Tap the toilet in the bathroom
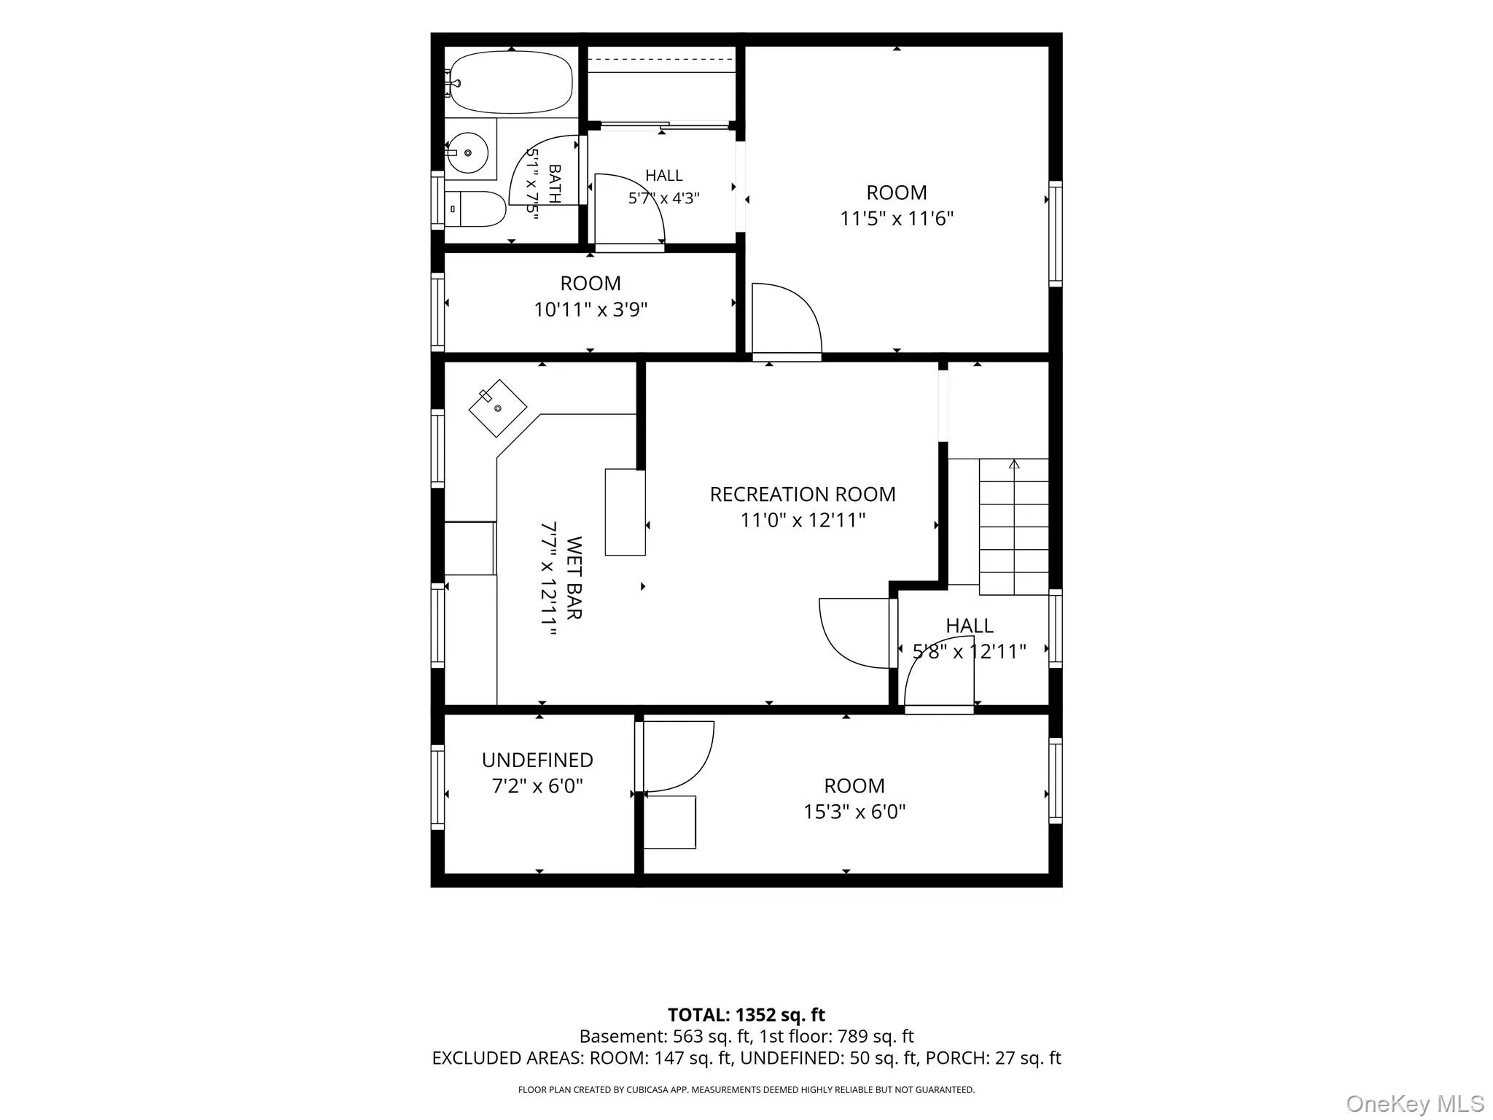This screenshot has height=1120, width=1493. click(x=475, y=209)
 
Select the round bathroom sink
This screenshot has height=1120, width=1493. click(x=467, y=152)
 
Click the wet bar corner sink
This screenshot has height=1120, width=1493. click(x=497, y=408)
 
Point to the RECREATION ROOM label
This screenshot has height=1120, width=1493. click(x=803, y=494)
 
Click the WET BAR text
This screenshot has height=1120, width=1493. click(x=574, y=577)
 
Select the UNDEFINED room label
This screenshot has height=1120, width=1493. click(x=537, y=760)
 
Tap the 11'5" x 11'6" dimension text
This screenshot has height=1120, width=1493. click(x=897, y=219)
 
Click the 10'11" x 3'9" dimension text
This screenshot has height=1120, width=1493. click(x=590, y=310)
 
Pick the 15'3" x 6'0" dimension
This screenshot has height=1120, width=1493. click(x=854, y=812)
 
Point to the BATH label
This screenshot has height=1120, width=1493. click(x=554, y=184)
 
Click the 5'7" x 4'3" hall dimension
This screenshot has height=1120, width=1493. click(x=664, y=198)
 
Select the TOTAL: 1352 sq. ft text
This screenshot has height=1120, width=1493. click(x=746, y=1015)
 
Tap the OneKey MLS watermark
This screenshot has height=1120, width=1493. click(x=1415, y=1104)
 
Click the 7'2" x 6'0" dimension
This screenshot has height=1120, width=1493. click(x=537, y=786)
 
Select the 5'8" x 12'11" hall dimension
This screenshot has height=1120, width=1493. click(x=970, y=651)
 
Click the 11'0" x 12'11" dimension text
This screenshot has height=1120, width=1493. click(x=803, y=520)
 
